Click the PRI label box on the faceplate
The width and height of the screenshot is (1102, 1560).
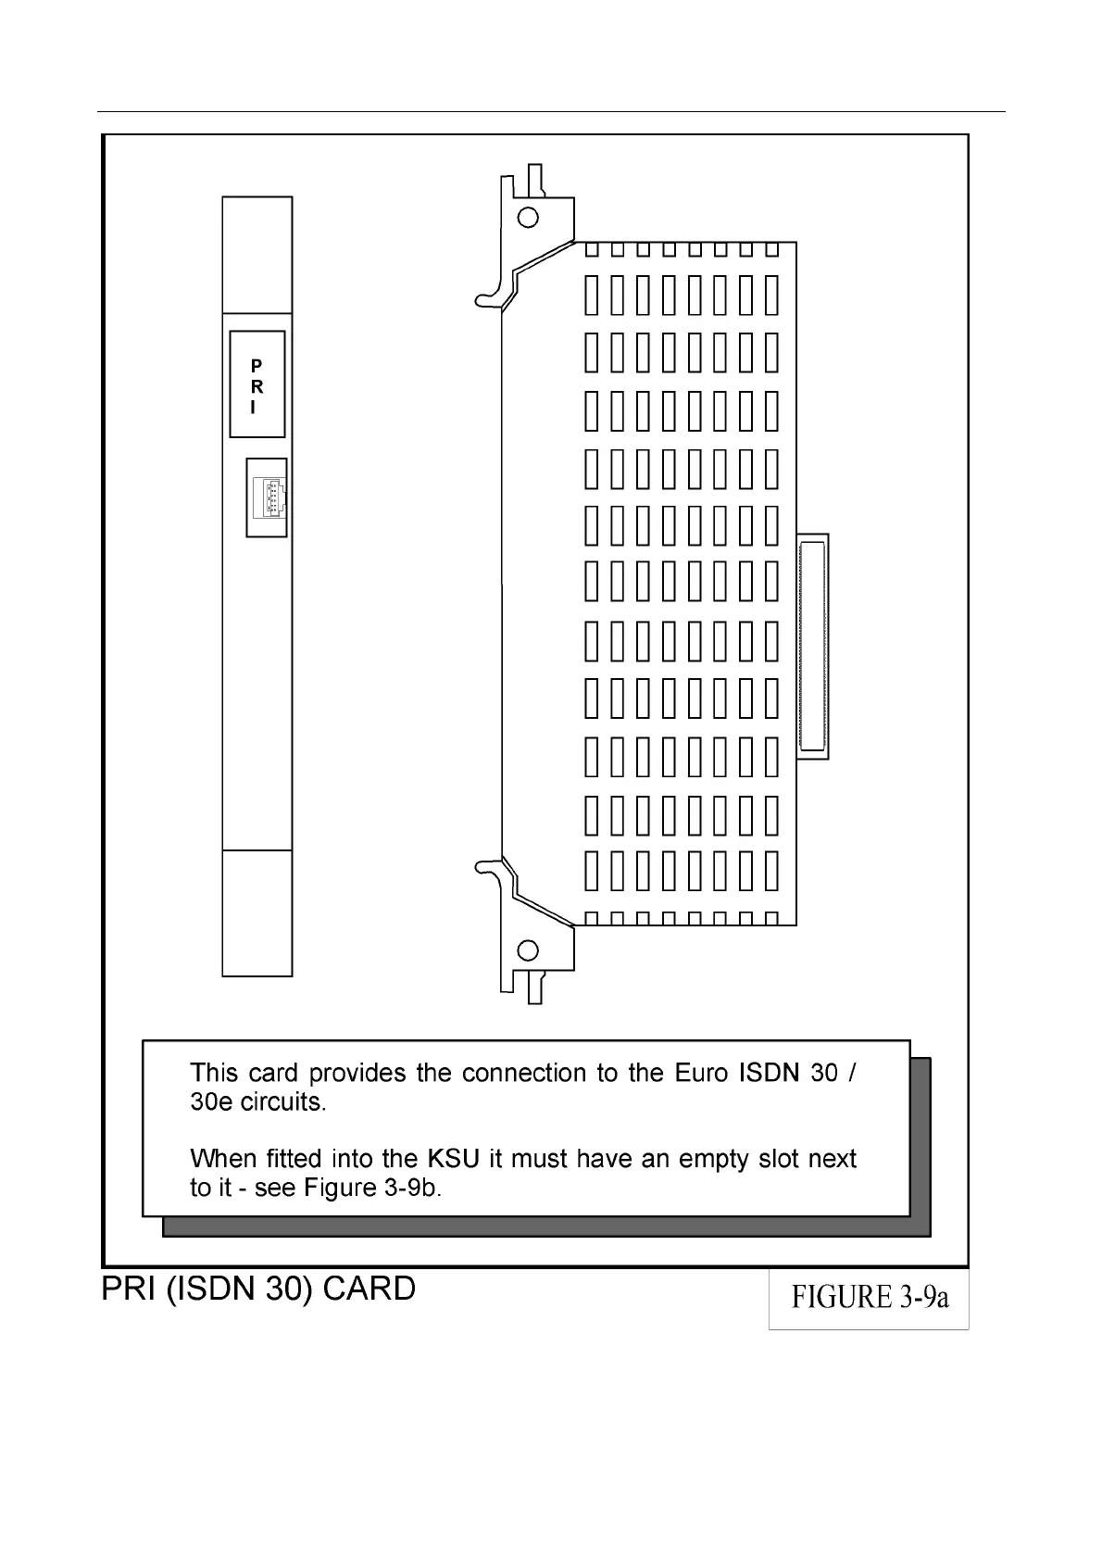click(x=257, y=384)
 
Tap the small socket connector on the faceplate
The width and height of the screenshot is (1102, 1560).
click(x=268, y=497)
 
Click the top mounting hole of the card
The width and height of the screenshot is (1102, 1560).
click(x=528, y=218)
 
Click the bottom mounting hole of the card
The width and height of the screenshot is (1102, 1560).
click(x=528, y=950)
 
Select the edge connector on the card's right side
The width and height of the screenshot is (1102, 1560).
click(x=812, y=646)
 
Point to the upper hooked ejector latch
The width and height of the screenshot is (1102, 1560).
click(x=492, y=296)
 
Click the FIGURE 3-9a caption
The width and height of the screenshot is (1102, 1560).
click(x=869, y=1297)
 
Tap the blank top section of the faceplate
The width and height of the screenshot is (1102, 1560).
click(x=257, y=255)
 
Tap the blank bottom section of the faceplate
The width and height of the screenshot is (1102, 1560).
click(x=257, y=912)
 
